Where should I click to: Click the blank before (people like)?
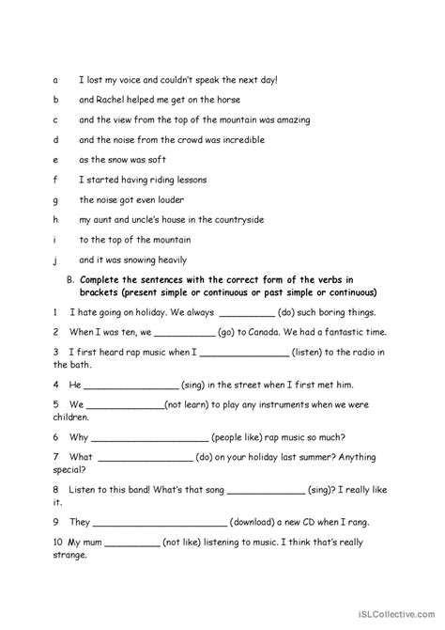tap(150, 437)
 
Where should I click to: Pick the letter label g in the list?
tap(56, 199)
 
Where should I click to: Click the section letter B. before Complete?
tap(69, 280)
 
